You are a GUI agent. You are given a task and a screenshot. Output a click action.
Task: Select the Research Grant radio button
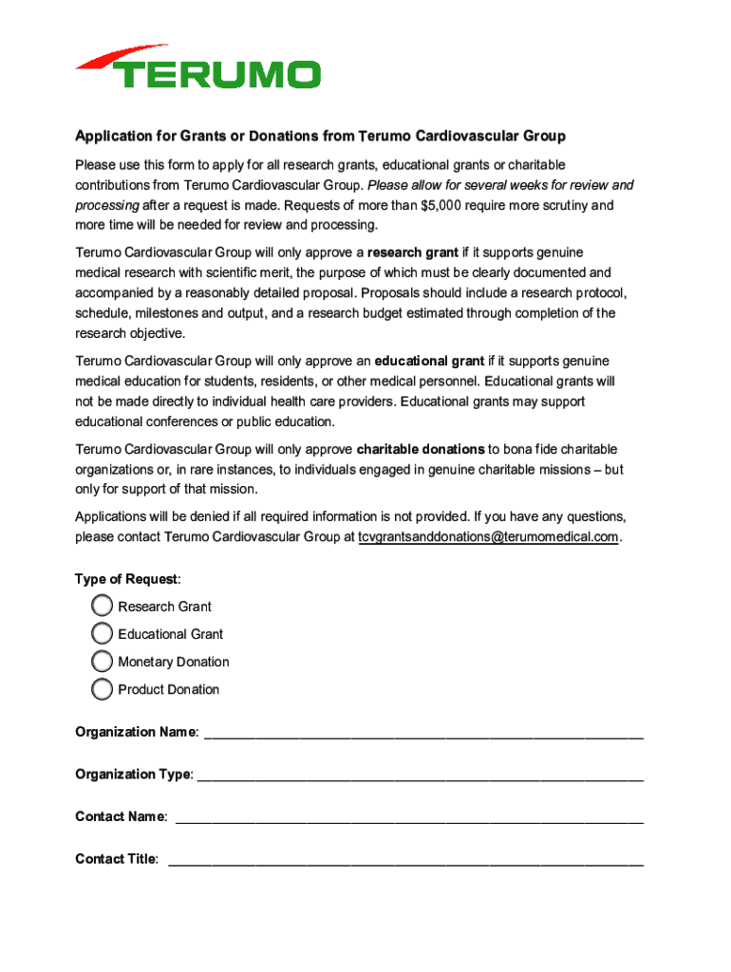pos(102,606)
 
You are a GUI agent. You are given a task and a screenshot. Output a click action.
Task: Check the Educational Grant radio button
pos(102,633)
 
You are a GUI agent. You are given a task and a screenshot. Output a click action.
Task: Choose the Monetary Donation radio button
pos(102,661)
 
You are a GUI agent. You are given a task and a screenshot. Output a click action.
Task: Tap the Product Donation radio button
pos(102,689)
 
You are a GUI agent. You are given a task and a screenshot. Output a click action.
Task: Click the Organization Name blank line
pos(423,734)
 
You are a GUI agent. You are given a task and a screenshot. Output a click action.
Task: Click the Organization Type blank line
pos(420,776)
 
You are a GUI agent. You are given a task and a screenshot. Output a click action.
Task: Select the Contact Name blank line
pos(410,818)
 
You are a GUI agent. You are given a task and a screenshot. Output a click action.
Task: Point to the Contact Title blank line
pos(405,861)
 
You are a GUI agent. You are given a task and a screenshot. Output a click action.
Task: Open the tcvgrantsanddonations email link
pos(488,537)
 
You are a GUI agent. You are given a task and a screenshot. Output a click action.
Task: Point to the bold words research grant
pos(413,252)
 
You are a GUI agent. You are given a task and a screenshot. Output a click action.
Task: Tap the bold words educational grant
pos(429,361)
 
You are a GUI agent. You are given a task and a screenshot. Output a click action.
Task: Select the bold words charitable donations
pos(421,449)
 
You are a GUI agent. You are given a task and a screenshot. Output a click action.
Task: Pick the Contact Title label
pos(116,859)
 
